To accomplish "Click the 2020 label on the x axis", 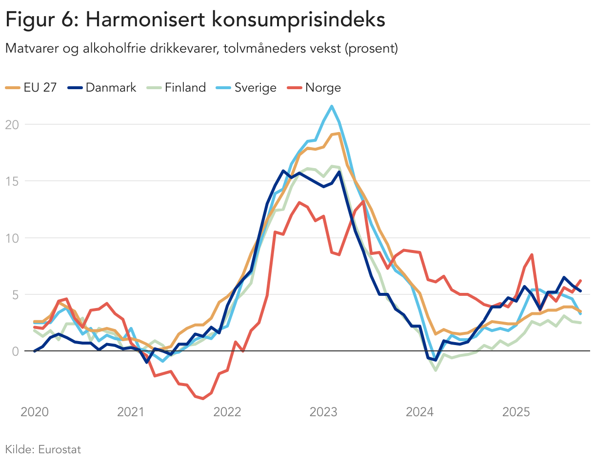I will [x=35, y=412].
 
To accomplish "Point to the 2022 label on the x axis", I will [x=227, y=412].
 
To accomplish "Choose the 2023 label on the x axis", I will [x=323, y=412].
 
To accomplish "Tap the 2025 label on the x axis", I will [x=516, y=412].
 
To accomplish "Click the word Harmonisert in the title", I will [x=146, y=20].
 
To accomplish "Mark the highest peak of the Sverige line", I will [x=332, y=106].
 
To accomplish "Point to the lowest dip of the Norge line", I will [x=203, y=399].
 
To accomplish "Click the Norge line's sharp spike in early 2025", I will [x=532, y=254].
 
